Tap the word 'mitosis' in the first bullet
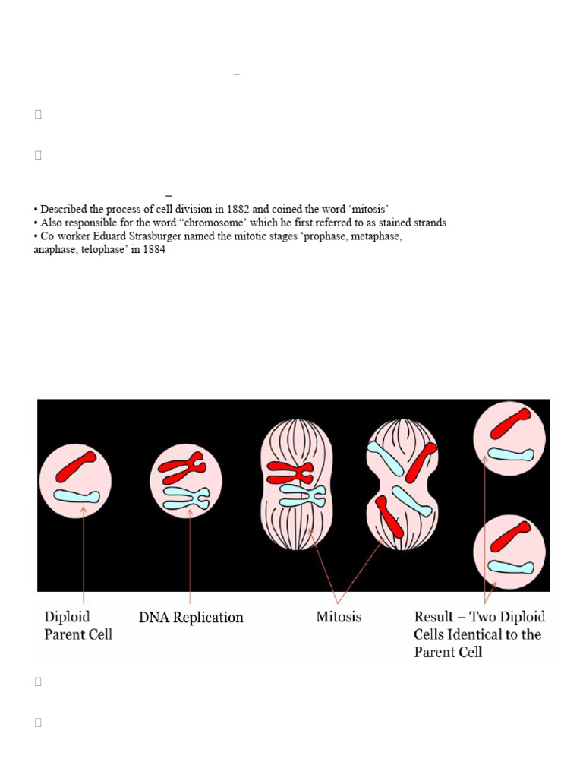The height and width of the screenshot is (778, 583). pos(368,209)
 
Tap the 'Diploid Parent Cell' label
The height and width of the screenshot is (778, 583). pos(77,625)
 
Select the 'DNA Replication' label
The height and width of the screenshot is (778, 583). pos(191,618)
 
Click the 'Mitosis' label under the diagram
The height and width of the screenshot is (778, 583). pos(339,617)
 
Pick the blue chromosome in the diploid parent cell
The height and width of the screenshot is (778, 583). pos(76,496)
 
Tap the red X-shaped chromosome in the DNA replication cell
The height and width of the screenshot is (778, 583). pos(182,469)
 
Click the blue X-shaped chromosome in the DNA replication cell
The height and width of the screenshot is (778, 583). pos(186,498)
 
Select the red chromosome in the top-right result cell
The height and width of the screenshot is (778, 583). pos(510,423)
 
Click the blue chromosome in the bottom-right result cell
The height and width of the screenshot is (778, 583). pos(509,566)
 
